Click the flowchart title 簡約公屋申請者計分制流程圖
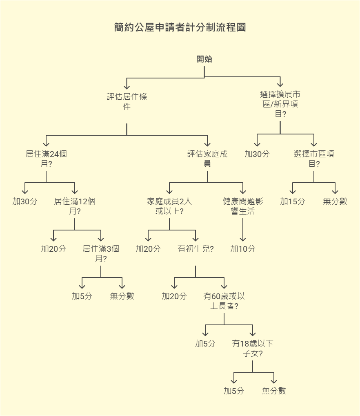(x=180, y=27)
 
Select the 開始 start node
(x=204, y=59)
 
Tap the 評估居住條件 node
(x=127, y=101)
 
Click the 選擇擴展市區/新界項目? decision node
(x=280, y=104)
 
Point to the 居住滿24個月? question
(x=46, y=159)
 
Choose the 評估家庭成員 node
(x=207, y=159)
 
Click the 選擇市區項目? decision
(x=314, y=159)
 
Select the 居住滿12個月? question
(x=75, y=206)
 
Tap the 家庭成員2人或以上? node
(x=169, y=206)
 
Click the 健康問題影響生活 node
(x=243, y=206)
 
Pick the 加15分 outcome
(x=293, y=201)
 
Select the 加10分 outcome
(x=242, y=249)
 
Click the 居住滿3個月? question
(x=101, y=253)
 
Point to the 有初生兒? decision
(x=196, y=249)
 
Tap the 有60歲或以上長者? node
(x=224, y=301)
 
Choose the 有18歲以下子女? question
(x=253, y=348)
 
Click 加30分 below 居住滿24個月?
(x=25, y=201)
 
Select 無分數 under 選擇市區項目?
(x=335, y=201)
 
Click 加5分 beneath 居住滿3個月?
(x=82, y=296)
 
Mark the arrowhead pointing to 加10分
(x=243, y=238)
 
